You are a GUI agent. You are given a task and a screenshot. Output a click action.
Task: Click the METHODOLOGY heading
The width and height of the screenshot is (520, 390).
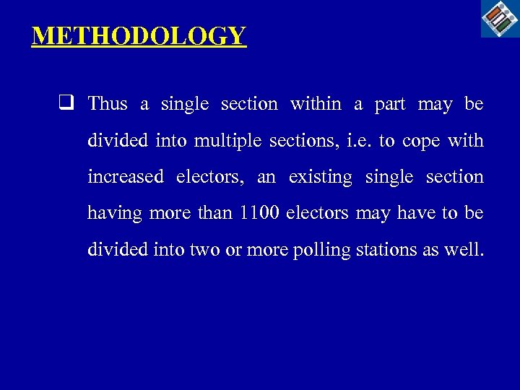(x=139, y=35)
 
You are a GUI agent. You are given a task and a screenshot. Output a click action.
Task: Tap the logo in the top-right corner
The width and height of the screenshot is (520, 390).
(x=500, y=19)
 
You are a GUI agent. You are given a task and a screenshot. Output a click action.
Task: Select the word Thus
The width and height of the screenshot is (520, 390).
(x=108, y=104)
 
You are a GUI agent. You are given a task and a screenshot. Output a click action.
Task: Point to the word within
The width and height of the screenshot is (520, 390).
(x=316, y=104)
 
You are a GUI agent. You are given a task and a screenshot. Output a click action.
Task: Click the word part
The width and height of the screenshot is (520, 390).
(x=390, y=105)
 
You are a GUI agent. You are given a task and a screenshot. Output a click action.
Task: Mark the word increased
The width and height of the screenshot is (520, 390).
(x=125, y=177)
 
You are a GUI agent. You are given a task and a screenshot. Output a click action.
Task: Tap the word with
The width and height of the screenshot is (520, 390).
(x=466, y=140)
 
